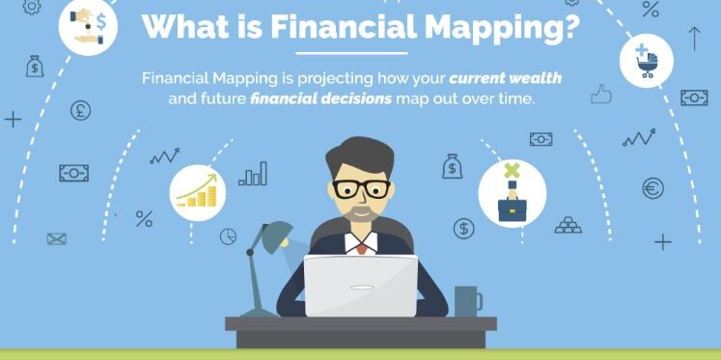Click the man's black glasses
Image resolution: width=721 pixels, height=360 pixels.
pos(362,187)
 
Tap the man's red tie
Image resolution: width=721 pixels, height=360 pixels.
pos(361,247)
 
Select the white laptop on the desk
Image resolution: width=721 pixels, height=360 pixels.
pos(361,286)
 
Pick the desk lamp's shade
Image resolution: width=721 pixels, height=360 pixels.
pos(276,233)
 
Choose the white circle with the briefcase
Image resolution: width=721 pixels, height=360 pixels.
pos(512,192)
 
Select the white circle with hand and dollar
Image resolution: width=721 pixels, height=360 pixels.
pos(89,24)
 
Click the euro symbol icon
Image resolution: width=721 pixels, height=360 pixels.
pos(653,188)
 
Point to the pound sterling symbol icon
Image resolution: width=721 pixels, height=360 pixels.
pos(81,111)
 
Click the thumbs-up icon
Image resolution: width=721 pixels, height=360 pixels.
pos(602,94)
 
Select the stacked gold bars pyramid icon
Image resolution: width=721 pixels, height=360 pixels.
pos(568,225)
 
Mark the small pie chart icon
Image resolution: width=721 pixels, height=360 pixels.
pos(229,235)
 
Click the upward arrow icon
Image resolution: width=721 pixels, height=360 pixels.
pos(694,39)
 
